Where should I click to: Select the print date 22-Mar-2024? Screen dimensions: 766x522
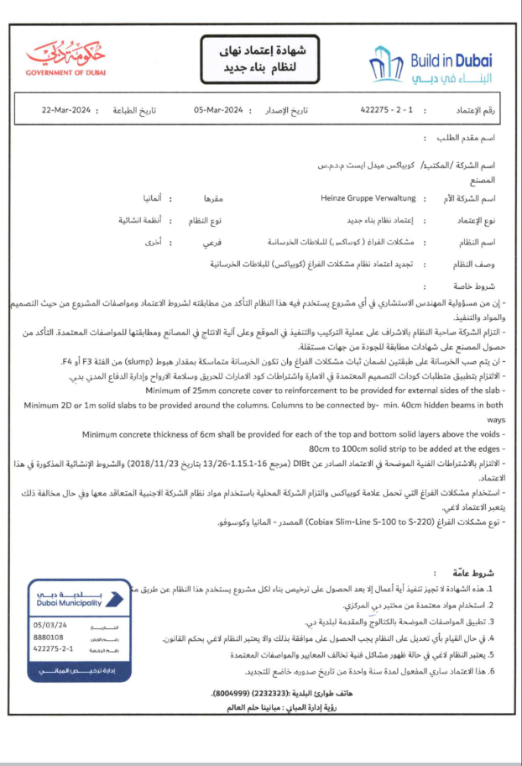pos(66,110)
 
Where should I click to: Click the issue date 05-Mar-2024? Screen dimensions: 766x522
pos(218,110)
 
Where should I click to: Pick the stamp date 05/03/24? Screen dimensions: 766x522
pos(48,625)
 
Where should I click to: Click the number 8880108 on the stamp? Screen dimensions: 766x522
pos(49,637)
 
